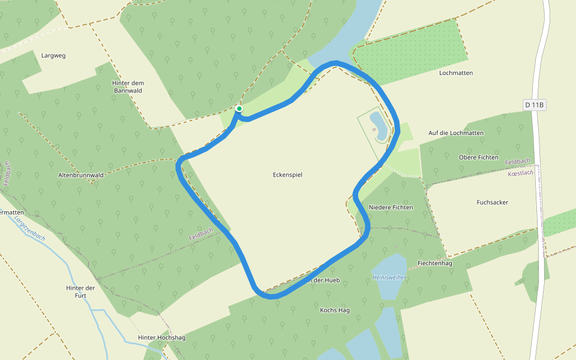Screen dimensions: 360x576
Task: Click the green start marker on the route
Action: click(x=239, y=109)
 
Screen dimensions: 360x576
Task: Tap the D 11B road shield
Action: click(x=534, y=105)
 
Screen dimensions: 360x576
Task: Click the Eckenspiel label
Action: click(x=287, y=175)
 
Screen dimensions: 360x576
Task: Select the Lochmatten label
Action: click(x=456, y=73)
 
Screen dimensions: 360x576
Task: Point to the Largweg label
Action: click(x=53, y=55)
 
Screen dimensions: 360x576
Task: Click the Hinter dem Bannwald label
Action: click(x=128, y=87)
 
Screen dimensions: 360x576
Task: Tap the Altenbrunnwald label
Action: click(x=82, y=175)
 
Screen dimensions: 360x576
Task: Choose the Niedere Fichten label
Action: click(x=391, y=207)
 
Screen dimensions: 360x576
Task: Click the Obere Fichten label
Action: click(x=478, y=157)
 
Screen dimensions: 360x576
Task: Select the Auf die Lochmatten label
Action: click(x=456, y=133)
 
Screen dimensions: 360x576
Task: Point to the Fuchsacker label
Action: click(x=492, y=202)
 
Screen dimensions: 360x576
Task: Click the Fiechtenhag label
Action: click(x=434, y=263)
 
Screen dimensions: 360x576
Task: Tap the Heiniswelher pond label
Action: click(x=389, y=278)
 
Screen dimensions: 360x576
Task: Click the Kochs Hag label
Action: click(x=335, y=310)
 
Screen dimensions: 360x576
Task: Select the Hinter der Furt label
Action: click(x=80, y=292)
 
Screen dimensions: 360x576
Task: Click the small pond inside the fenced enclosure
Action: click(x=379, y=125)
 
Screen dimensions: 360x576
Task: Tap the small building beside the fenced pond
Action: click(x=374, y=128)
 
